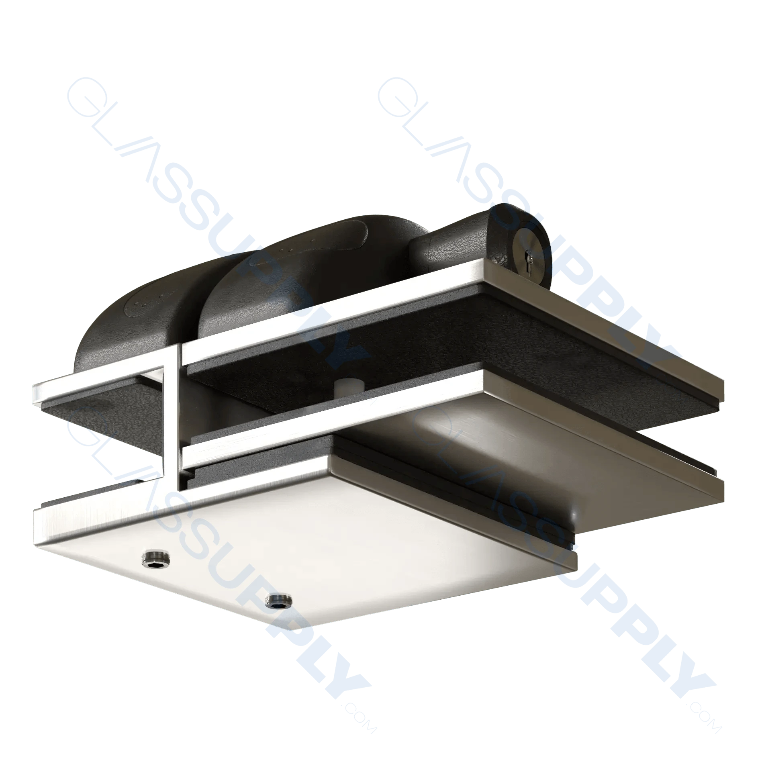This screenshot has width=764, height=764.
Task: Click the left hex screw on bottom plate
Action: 156,558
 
